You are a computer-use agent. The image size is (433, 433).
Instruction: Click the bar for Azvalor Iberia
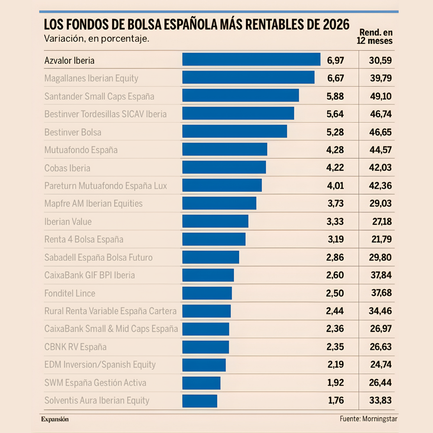tap(251, 59)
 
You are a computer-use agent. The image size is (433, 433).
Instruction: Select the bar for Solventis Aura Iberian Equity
tap(200, 401)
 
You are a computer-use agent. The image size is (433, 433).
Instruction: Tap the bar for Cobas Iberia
tap(224, 168)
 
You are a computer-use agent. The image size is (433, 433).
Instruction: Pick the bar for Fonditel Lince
tap(207, 293)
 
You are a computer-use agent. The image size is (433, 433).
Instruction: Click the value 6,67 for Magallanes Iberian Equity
tap(336, 78)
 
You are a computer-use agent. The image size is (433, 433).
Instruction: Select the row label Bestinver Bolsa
tap(73, 132)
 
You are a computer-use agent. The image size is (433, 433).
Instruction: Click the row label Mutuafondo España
tap(81, 150)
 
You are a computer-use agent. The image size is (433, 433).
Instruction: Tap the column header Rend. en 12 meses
tap(375, 37)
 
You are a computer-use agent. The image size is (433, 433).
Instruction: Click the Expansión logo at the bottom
tap(55, 419)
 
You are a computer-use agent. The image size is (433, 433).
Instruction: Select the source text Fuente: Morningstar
tap(368, 419)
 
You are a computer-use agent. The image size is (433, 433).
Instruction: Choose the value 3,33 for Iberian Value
tap(336, 222)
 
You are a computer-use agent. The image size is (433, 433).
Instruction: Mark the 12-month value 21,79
tap(381, 239)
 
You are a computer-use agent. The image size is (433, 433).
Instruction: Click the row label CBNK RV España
tap(75, 347)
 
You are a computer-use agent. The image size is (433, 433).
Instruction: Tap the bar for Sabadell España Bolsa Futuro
tap(210, 257)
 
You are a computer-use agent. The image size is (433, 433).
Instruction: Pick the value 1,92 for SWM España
tap(336, 383)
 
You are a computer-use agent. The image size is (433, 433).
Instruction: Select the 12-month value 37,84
tap(381, 275)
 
